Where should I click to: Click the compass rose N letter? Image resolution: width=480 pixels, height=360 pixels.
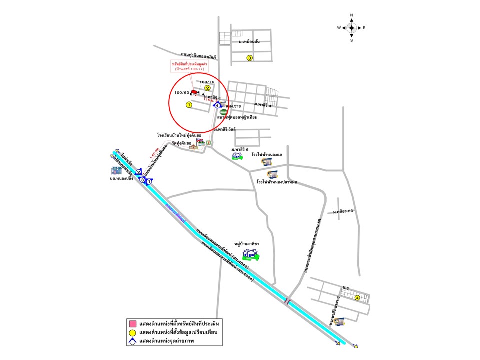(x=352, y=15)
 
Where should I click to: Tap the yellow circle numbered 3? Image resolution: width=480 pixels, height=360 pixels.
(x=250, y=58)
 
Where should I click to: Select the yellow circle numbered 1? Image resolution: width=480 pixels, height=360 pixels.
(x=189, y=105)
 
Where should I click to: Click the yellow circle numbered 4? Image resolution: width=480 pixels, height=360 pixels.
(x=357, y=298)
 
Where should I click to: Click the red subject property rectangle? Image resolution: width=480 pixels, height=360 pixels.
(x=194, y=92)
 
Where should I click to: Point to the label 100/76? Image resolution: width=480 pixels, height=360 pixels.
(x=207, y=82)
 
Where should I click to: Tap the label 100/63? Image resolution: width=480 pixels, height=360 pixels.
(x=182, y=92)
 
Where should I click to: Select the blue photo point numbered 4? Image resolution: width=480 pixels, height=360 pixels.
(x=217, y=105)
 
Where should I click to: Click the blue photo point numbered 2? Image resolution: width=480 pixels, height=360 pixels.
(x=139, y=172)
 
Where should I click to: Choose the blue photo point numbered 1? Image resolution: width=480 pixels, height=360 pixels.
(x=149, y=182)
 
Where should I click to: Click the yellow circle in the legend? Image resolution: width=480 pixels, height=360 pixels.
(x=133, y=333)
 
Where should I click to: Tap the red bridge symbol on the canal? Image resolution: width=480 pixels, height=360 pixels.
(x=287, y=301)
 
